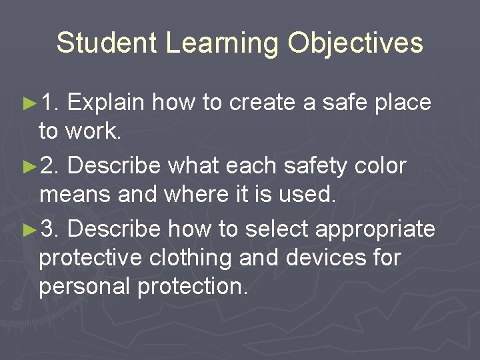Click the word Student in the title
coord(107,43)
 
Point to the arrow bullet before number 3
coord(29,229)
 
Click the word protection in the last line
coord(193,287)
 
